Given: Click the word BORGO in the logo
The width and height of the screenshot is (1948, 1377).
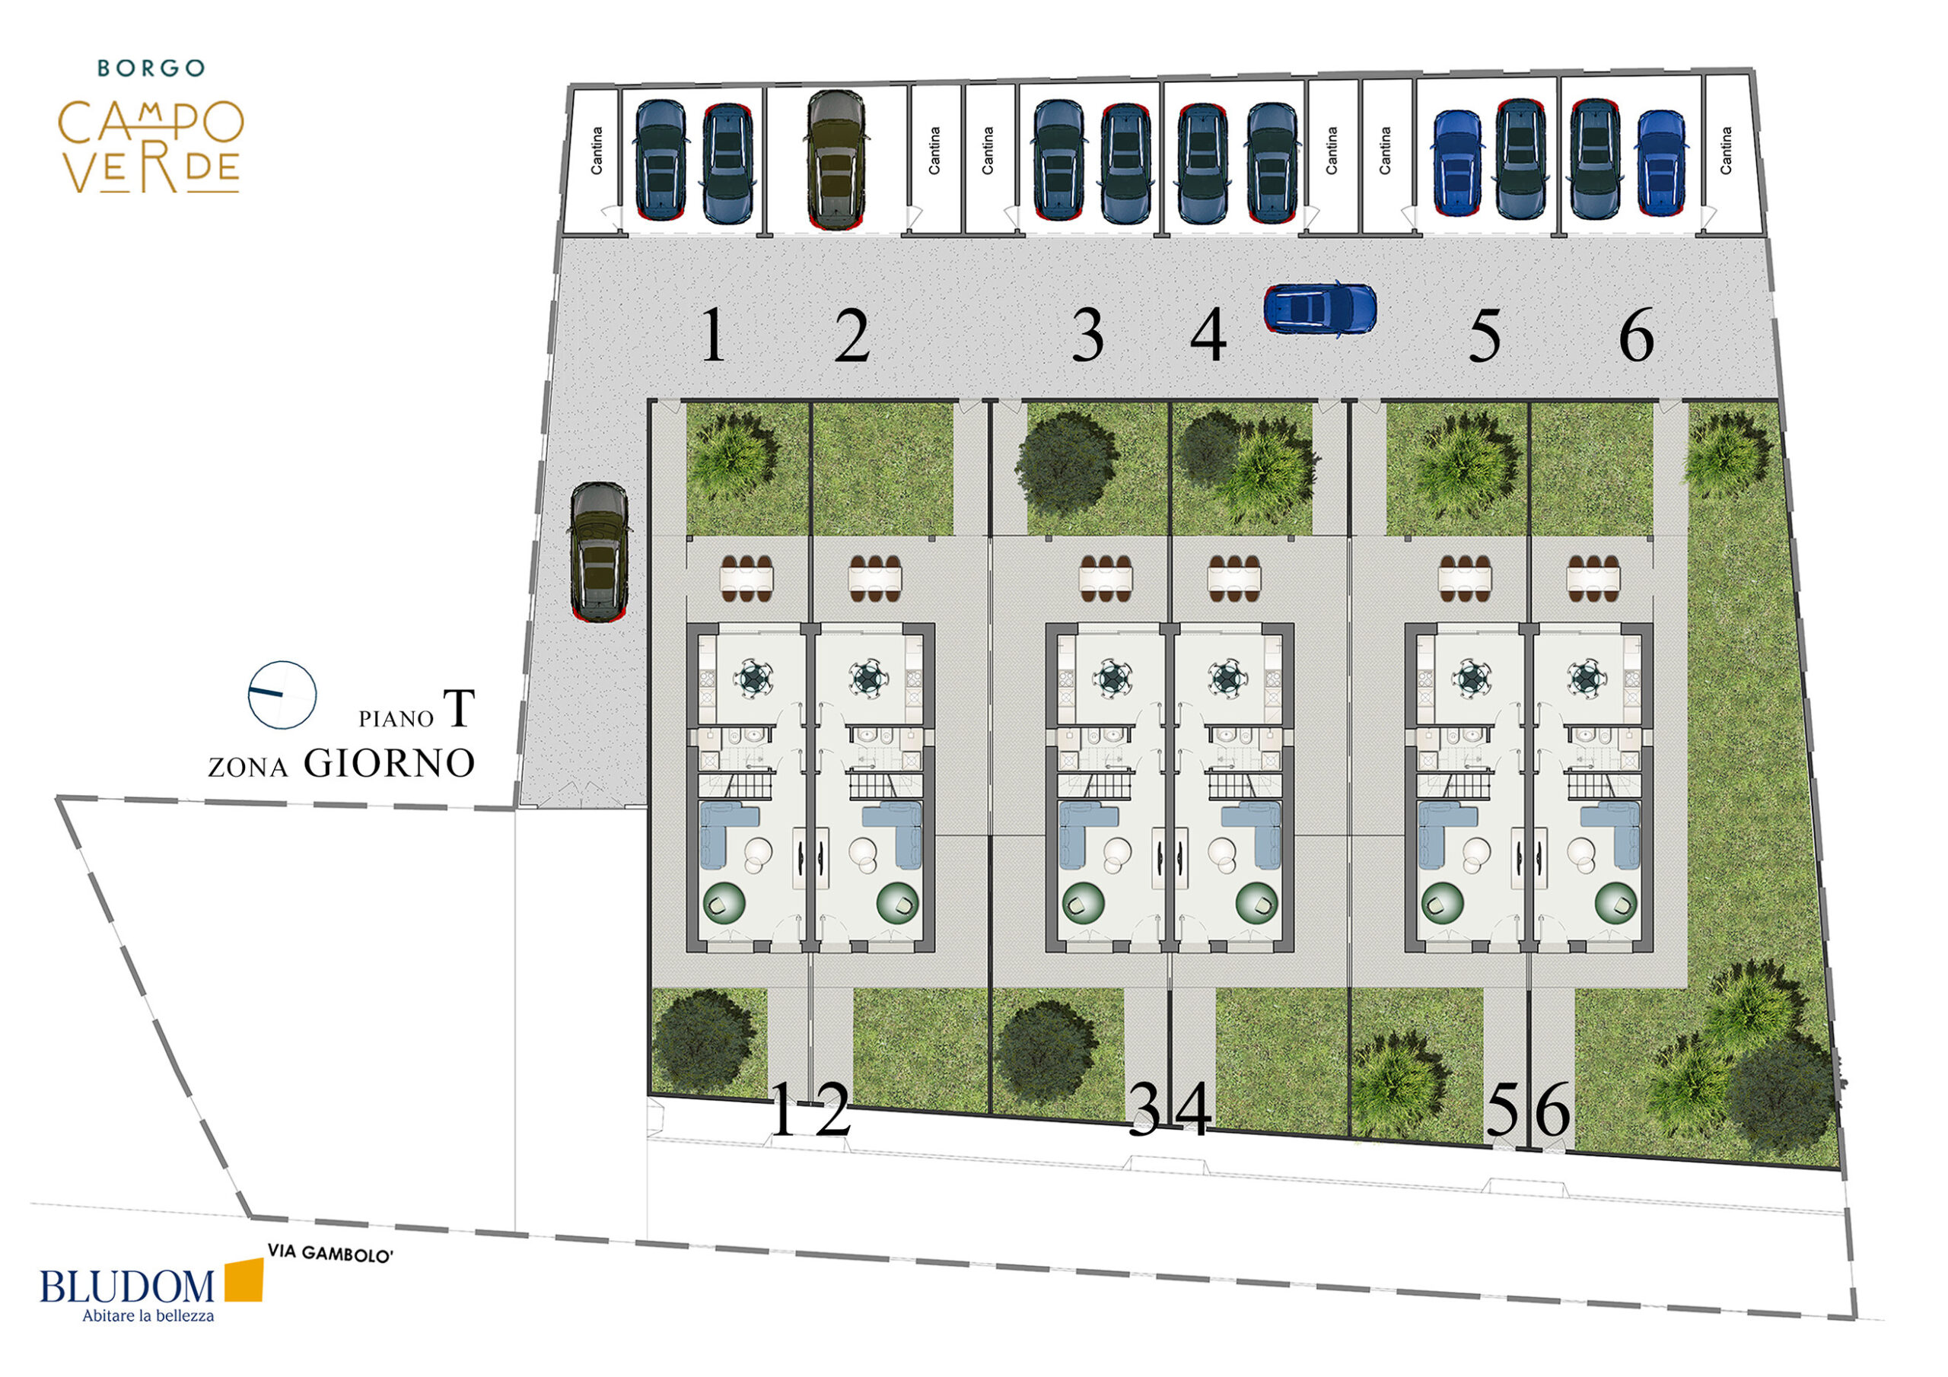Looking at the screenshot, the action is pos(151,68).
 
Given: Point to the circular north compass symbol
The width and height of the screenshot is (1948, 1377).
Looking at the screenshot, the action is pos(282,695).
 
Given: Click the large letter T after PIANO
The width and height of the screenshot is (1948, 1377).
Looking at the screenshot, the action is pos(459,709).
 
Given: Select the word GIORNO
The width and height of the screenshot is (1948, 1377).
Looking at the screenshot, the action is pos(390,764).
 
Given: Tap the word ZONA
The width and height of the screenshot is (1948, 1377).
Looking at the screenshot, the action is pos(249,768).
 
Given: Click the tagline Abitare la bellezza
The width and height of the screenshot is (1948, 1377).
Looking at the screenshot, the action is pos(148,1316).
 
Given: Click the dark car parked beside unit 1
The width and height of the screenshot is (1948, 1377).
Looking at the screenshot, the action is pos(600,552).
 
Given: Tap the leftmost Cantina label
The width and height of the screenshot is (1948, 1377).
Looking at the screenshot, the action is pos(597,151).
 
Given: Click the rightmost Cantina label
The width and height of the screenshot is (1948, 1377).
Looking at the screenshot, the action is pos(1726,151).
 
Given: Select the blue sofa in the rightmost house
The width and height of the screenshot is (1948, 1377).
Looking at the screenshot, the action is pos(1610,835).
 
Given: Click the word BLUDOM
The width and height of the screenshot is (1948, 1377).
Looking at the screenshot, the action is pos(127,1286).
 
